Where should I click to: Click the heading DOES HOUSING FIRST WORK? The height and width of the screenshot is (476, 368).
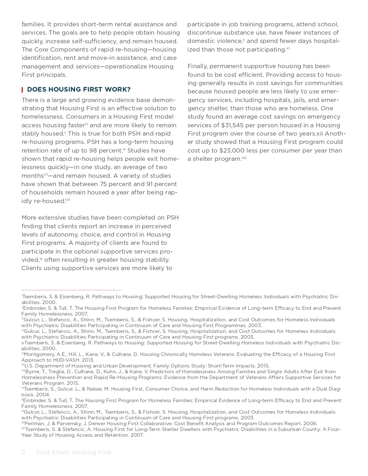pyautogui.click(x=79, y=89)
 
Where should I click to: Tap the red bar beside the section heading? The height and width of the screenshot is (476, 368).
pyautogui.click(x=22, y=89)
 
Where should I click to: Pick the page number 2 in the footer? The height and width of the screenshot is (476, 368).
pyautogui.click(x=23, y=452)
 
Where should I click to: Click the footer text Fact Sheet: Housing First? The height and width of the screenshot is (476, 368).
pyautogui.click(x=74, y=452)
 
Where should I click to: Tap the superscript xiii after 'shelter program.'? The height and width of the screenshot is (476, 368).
pyautogui.click(x=244, y=158)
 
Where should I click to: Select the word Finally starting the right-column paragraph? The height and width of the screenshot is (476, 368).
pyautogui.click(x=197, y=66)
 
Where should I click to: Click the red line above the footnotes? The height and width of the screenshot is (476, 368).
pyautogui.click(x=71, y=290)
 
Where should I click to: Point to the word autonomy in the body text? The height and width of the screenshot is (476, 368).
pyautogui.click(x=53, y=234)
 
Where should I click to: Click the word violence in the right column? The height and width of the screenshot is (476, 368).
pyautogui.click(x=229, y=41)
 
